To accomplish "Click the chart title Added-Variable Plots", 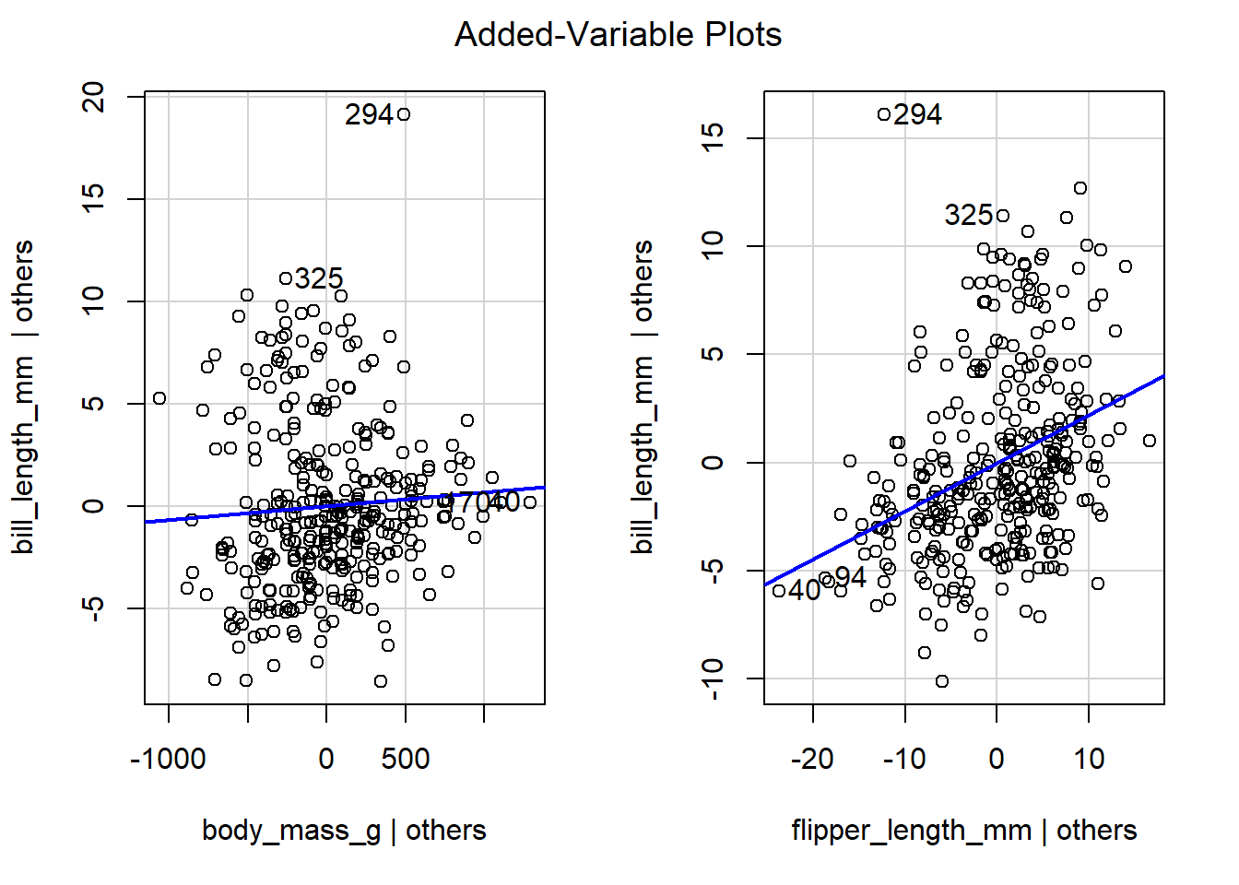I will point(618,35).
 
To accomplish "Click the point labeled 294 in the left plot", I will point(403,114).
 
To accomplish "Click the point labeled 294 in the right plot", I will point(884,114).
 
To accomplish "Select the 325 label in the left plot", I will point(319,278).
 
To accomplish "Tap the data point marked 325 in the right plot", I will point(1003,216).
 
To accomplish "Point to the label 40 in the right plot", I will point(804,590).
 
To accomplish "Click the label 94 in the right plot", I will point(850,578).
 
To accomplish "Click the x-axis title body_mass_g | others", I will point(343,830).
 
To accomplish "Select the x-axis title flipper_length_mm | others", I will point(963,830).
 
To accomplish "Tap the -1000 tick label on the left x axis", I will point(168,760).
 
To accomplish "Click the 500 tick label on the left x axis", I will point(406,760).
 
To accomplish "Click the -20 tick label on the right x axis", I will point(812,760).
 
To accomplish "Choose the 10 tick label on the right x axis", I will point(1089,760).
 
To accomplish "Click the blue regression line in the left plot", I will point(230,514).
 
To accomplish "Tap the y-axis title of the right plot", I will point(643,396).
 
